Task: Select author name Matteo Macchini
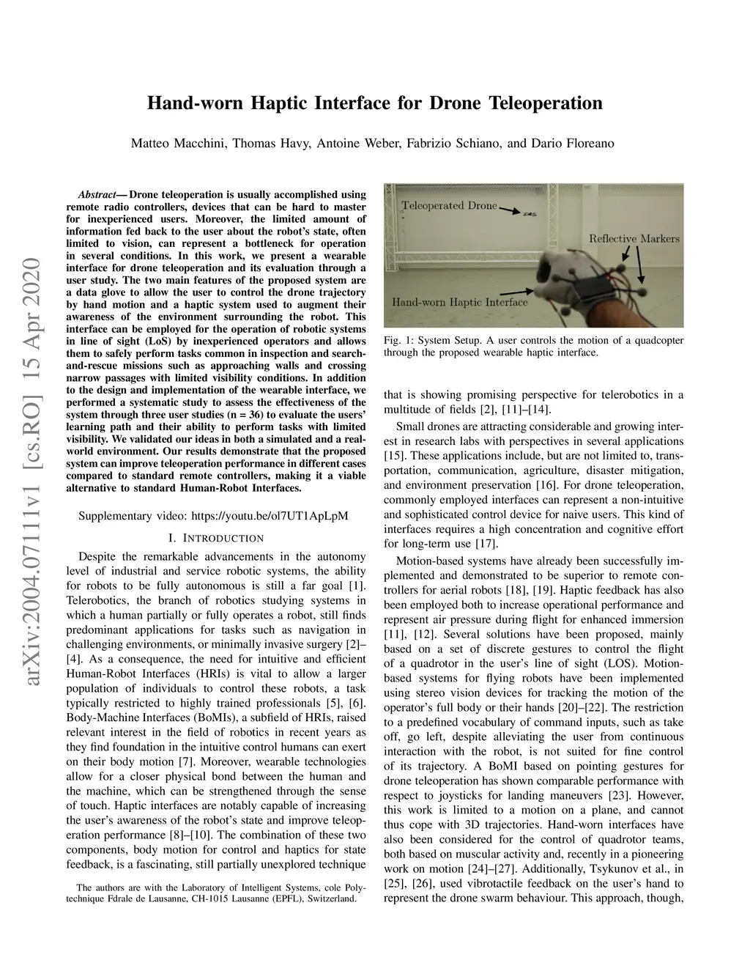178,143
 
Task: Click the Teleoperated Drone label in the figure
448,205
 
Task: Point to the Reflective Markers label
634,238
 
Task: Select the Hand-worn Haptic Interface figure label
459,302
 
